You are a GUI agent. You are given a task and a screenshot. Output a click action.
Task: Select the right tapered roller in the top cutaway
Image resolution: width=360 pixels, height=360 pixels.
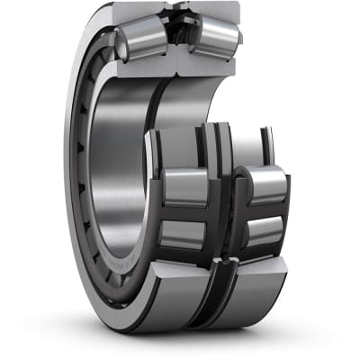[216, 36]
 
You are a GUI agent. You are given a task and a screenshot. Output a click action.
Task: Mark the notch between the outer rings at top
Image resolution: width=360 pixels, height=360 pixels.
[178, 13]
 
